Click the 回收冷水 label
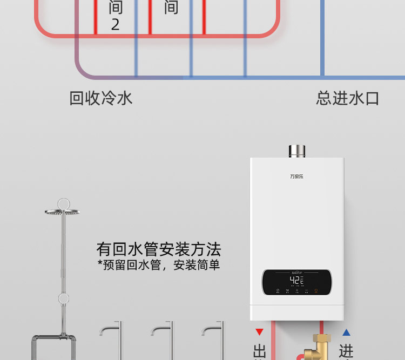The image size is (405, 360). pyautogui.click(x=101, y=98)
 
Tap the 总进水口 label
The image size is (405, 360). pyautogui.click(x=347, y=98)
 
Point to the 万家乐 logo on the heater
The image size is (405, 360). pyautogui.click(x=297, y=176)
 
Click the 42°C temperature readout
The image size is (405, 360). pyautogui.click(x=296, y=280)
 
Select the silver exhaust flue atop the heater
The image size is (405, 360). pyautogui.click(x=297, y=151)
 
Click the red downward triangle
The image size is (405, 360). pyautogui.click(x=260, y=332)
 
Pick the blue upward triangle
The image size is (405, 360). pyautogui.click(x=346, y=332)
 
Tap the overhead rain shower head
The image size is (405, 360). pyautogui.click(x=63, y=212)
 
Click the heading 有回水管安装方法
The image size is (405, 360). pyautogui.click(x=159, y=249)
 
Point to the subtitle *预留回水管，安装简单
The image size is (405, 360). pyautogui.click(x=159, y=265)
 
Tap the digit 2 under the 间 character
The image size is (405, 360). pyautogui.click(x=115, y=24)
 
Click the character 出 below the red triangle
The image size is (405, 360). pyautogui.click(x=259, y=351)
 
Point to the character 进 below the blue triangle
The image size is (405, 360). pyautogui.click(x=346, y=351)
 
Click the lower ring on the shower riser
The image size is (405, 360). pyautogui.click(x=64, y=298)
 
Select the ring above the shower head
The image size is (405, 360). pyautogui.click(x=64, y=203)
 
